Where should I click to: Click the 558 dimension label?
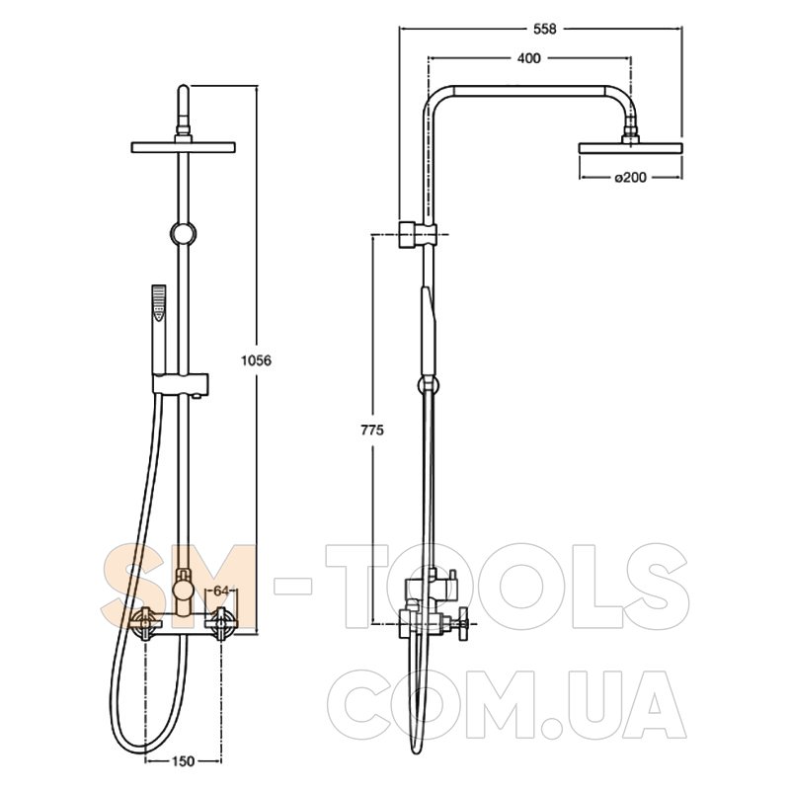point(545,30)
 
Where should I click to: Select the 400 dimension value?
point(529,58)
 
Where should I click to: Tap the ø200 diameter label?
point(630,178)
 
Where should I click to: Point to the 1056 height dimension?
point(257,360)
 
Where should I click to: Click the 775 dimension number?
point(372,431)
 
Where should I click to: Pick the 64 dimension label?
point(221,591)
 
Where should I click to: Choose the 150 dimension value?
point(183,761)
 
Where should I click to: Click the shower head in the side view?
point(630,147)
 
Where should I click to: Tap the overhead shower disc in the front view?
point(184,147)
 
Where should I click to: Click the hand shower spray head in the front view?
point(159,303)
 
